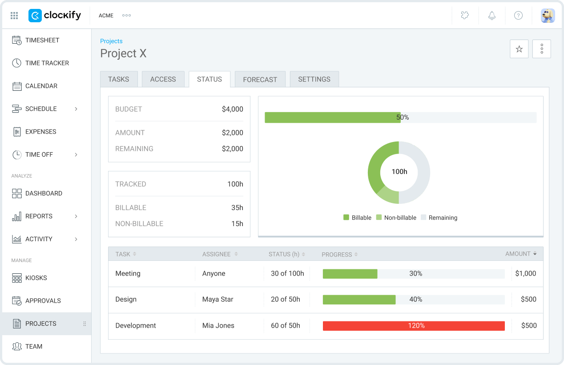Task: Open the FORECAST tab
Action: pyautogui.click(x=260, y=79)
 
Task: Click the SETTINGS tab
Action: pyautogui.click(x=314, y=79)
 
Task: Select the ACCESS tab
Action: pyautogui.click(x=163, y=79)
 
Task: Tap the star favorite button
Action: pyautogui.click(x=519, y=49)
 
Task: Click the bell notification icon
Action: pyautogui.click(x=491, y=16)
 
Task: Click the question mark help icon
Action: pyautogui.click(x=518, y=16)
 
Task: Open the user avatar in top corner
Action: pyautogui.click(x=548, y=16)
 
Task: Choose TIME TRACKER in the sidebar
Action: pyautogui.click(x=47, y=63)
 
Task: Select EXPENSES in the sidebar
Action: pyautogui.click(x=40, y=132)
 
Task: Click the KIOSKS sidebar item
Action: pyautogui.click(x=36, y=278)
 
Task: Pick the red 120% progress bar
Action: pyautogui.click(x=414, y=326)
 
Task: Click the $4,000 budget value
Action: pyautogui.click(x=232, y=109)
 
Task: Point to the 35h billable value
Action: pyautogui.click(x=237, y=207)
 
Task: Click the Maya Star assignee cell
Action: pyautogui.click(x=218, y=300)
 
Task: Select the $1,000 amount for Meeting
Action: pyautogui.click(x=525, y=274)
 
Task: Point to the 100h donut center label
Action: pyautogui.click(x=399, y=172)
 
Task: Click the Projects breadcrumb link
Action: pyautogui.click(x=111, y=41)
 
